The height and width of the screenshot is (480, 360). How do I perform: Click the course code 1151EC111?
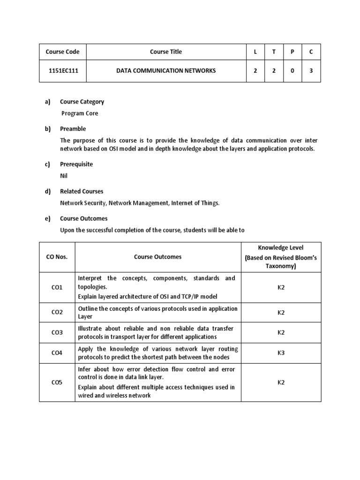pos(62,71)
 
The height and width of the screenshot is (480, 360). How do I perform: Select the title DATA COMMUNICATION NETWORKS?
pos(166,71)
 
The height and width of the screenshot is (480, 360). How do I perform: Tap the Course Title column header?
pos(166,52)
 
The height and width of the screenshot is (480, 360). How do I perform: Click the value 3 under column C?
pos(310,71)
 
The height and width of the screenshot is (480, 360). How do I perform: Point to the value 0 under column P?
pos(292,71)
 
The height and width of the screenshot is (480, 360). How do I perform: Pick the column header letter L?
pos(255,52)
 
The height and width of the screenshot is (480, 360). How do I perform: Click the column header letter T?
pos(274,52)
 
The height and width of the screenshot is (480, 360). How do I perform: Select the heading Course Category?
pos(82,102)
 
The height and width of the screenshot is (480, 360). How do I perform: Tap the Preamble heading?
pos(73,129)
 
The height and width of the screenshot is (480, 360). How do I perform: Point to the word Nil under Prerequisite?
pos(64,176)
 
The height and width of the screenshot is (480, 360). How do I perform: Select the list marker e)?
pos(47,218)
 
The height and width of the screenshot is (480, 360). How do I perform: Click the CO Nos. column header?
pos(57,257)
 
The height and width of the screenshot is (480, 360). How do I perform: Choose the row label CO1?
pos(57,287)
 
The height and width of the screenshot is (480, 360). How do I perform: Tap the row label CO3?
pos(57,333)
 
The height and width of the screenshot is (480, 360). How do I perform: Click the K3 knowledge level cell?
pos(281,353)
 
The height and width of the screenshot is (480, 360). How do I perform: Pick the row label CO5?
pos(57,382)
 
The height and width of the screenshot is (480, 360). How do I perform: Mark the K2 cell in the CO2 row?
pos(281,313)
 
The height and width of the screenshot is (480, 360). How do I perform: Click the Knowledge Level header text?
pos(281,247)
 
